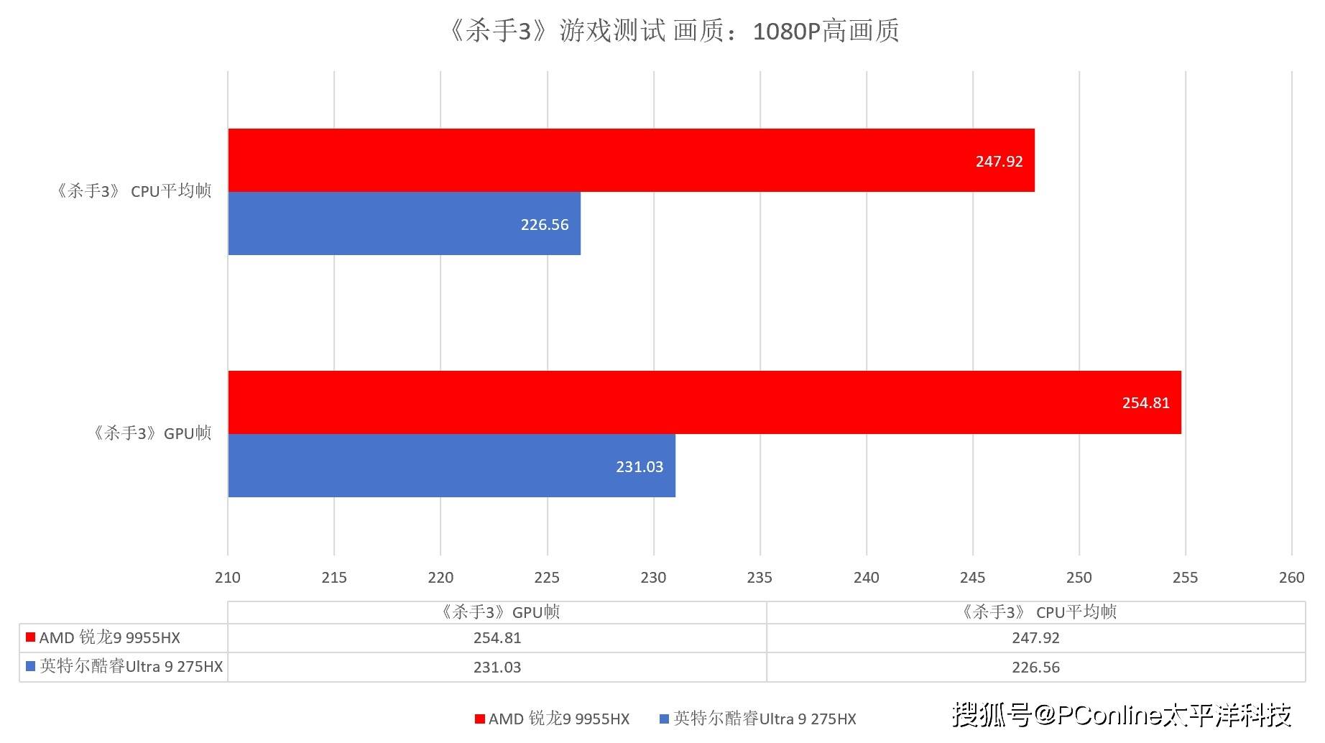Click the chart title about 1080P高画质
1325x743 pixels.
point(673,32)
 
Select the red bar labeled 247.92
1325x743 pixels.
point(631,160)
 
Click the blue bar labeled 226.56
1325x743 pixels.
point(404,223)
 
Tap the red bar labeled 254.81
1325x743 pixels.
point(704,402)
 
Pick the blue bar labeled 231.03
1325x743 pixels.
point(451,466)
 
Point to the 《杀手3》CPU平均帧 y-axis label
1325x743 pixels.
point(134,191)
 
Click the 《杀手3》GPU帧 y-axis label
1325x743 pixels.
point(152,433)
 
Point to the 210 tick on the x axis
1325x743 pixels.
point(228,578)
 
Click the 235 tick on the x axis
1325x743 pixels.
point(760,578)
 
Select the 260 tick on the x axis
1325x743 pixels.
point(1291,578)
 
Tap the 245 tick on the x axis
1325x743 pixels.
point(972,578)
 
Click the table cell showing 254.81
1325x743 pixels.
point(497,638)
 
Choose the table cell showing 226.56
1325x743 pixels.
point(1035,668)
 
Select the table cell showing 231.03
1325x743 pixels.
point(497,668)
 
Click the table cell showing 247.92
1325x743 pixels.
point(1035,638)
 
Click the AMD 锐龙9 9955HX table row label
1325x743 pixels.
point(109,638)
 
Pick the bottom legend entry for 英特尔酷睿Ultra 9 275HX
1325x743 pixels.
point(764,719)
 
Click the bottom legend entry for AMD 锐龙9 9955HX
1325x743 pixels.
point(558,719)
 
